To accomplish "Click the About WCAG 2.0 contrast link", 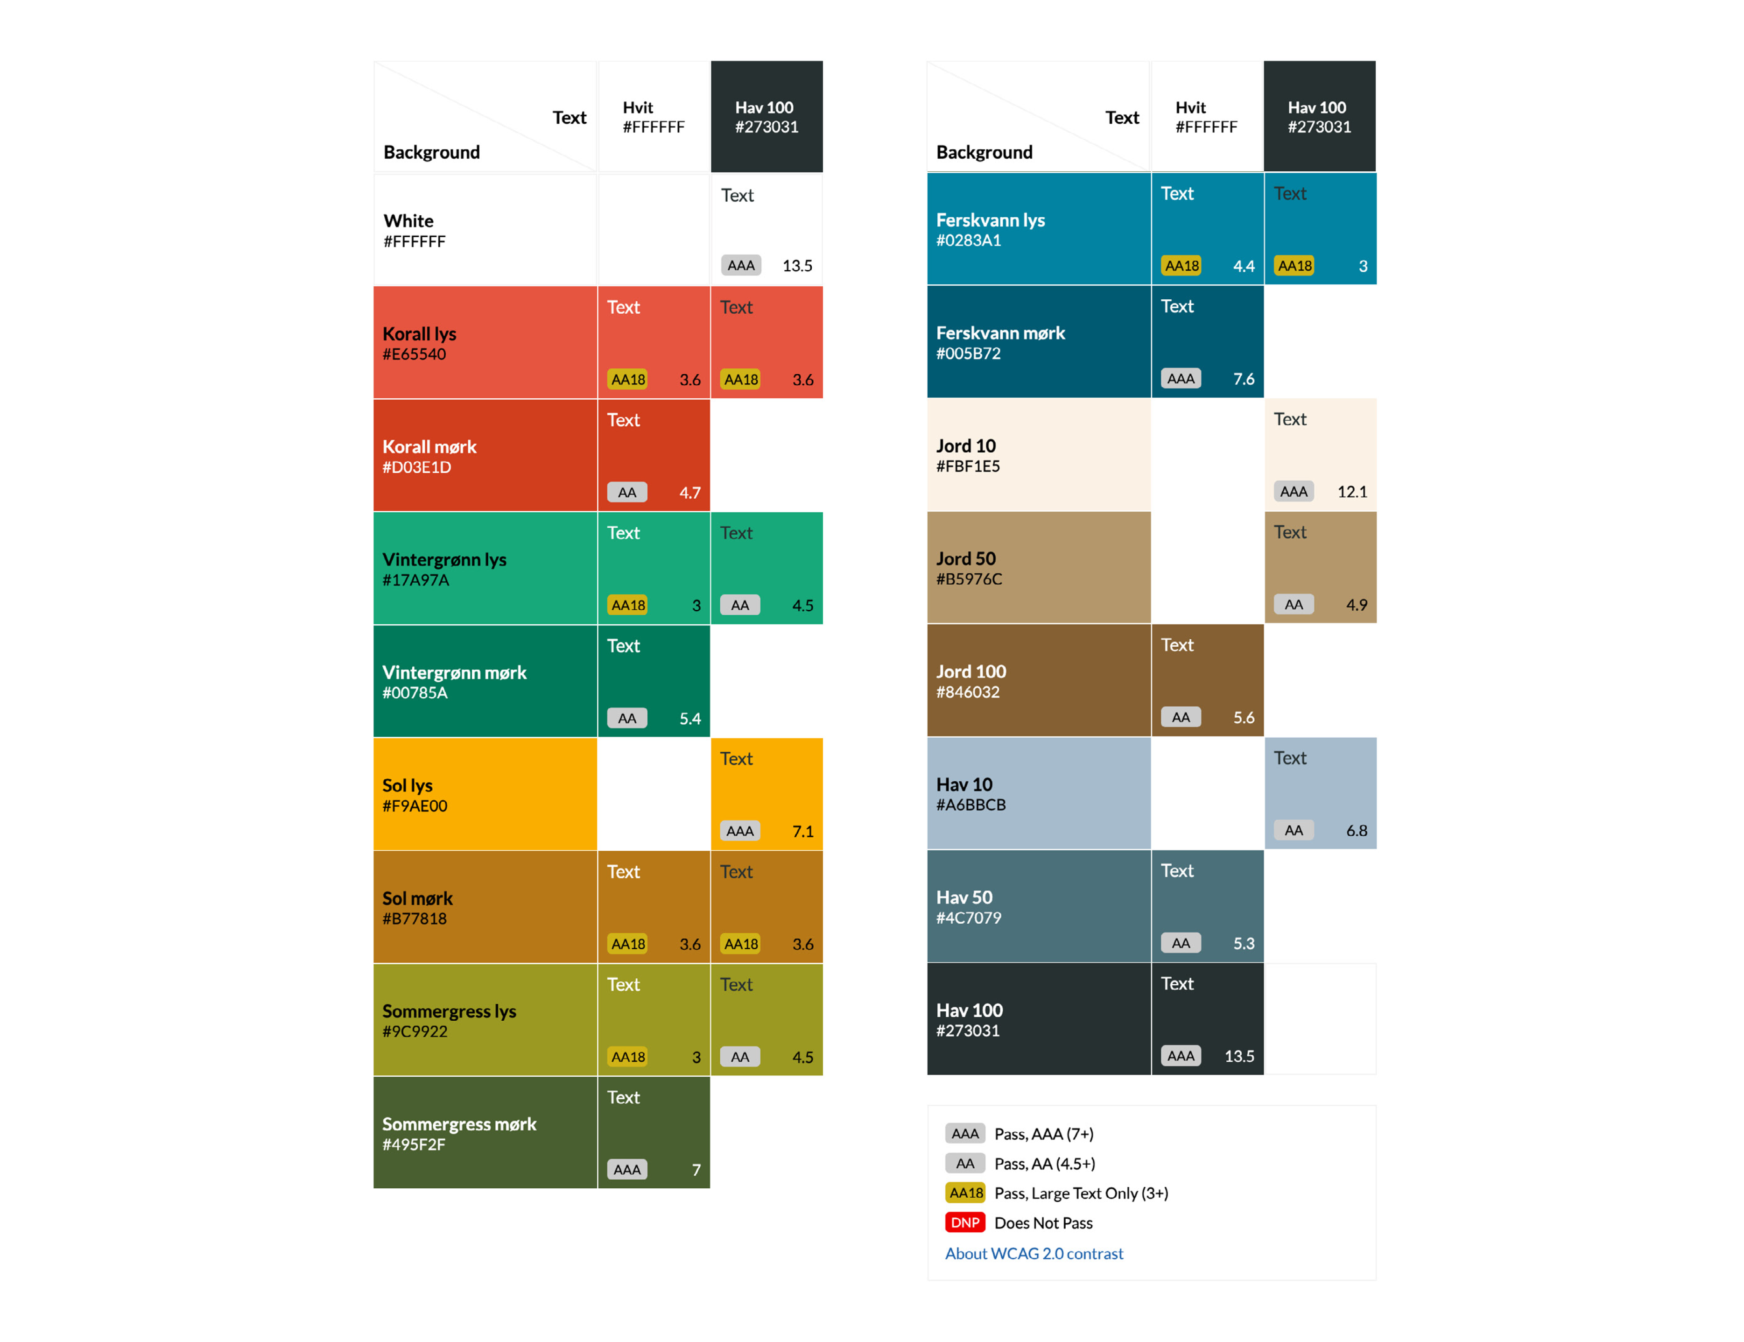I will point(1034,1253).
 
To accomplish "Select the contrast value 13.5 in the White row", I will point(797,266).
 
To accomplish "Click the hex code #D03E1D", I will point(417,467).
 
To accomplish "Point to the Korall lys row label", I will point(419,334).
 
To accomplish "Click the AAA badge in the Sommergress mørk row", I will point(627,1169).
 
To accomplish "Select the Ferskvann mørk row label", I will point(1000,333).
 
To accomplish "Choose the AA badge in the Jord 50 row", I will point(1294,605).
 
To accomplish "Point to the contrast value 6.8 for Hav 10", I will point(1357,831).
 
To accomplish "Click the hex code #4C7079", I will point(969,918).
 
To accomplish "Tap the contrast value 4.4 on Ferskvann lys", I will point(1243,267).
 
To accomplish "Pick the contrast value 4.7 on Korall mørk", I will point(690,493).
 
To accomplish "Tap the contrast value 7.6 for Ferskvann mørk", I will point(1243,380).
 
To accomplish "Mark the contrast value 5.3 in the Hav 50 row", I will point(1243,943).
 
